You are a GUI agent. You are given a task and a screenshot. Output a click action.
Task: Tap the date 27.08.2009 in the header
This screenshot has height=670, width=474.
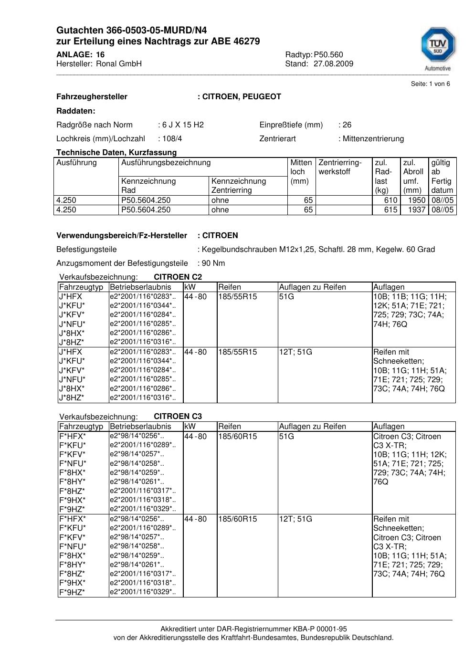pos(333,64)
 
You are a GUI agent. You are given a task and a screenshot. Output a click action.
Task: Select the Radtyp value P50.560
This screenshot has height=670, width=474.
pos(328,54)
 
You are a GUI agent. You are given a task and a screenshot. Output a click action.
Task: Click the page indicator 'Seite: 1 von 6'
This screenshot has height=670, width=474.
pos(430,84)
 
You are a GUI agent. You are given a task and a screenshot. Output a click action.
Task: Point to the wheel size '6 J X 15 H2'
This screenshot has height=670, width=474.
pos(183,125)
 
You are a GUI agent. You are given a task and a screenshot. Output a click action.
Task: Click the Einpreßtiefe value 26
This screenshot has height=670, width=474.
pos(347,125)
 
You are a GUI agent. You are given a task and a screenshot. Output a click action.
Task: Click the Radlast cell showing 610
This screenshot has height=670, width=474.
pos(390,200)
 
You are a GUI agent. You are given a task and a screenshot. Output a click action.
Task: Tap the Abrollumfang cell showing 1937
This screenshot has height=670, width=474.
pos(417,210)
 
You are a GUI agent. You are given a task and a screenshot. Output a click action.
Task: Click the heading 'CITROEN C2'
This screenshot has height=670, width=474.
pos(178,277)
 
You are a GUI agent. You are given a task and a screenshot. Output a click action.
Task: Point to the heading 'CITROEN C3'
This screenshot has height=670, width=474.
pos(178,417)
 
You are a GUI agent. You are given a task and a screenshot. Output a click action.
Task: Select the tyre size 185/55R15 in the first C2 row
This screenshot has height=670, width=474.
pos(237,297)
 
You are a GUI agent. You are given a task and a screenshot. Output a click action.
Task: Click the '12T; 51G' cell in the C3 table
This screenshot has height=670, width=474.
pos(295,519)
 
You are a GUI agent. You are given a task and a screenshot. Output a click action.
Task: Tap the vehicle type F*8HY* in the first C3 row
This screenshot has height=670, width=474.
pos(73,482)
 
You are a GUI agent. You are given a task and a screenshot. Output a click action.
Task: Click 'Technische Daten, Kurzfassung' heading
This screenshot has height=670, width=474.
pos(116,153)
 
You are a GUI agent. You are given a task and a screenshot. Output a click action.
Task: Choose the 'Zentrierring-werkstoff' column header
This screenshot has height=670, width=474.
pos(340,167)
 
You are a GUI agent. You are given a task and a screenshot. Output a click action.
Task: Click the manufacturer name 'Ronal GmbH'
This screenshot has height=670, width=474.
pos(119,64)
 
